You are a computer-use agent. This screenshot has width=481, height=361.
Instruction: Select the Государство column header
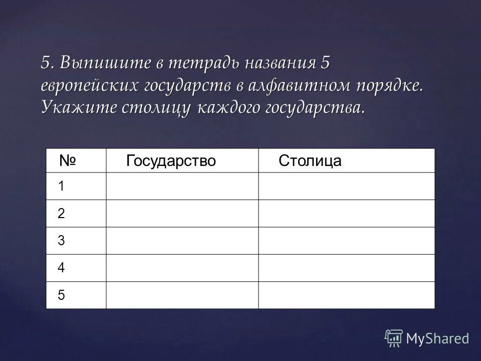pyautogui.click(x=171, y=160)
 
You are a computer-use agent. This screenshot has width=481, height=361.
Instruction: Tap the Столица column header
pyautogui.click(x=310, y=161)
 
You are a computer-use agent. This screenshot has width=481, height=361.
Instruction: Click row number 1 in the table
pyautogui.click(x=61, y=187)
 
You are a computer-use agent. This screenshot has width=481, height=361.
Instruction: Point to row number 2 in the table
pyautogui.click(x=61, y=214)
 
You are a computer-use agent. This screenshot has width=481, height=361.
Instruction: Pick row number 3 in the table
pyautogui.click(x=61, y=241)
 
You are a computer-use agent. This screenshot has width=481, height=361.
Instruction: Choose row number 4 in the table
pyautogui.click(x=61, y=268)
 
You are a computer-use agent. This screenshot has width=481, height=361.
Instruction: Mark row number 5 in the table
pyautogui.click(x=61, y=295)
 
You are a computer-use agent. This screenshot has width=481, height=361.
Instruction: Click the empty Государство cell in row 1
pyautogui.click(x=182, y=187)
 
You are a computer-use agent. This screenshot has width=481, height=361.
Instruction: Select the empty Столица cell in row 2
pyautogui.click(x=347, y=214)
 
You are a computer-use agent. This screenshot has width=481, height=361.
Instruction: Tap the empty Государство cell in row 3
pyautogui.click(x=182, y=241)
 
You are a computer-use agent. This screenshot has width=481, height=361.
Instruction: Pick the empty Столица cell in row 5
pyautogui.click(x=347, y=295)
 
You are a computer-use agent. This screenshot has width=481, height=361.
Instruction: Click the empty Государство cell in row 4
pyautogui.click(x=182, y=268)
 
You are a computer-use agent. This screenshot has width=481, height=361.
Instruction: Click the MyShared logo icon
pyautogui.click(x=394, y=338)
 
